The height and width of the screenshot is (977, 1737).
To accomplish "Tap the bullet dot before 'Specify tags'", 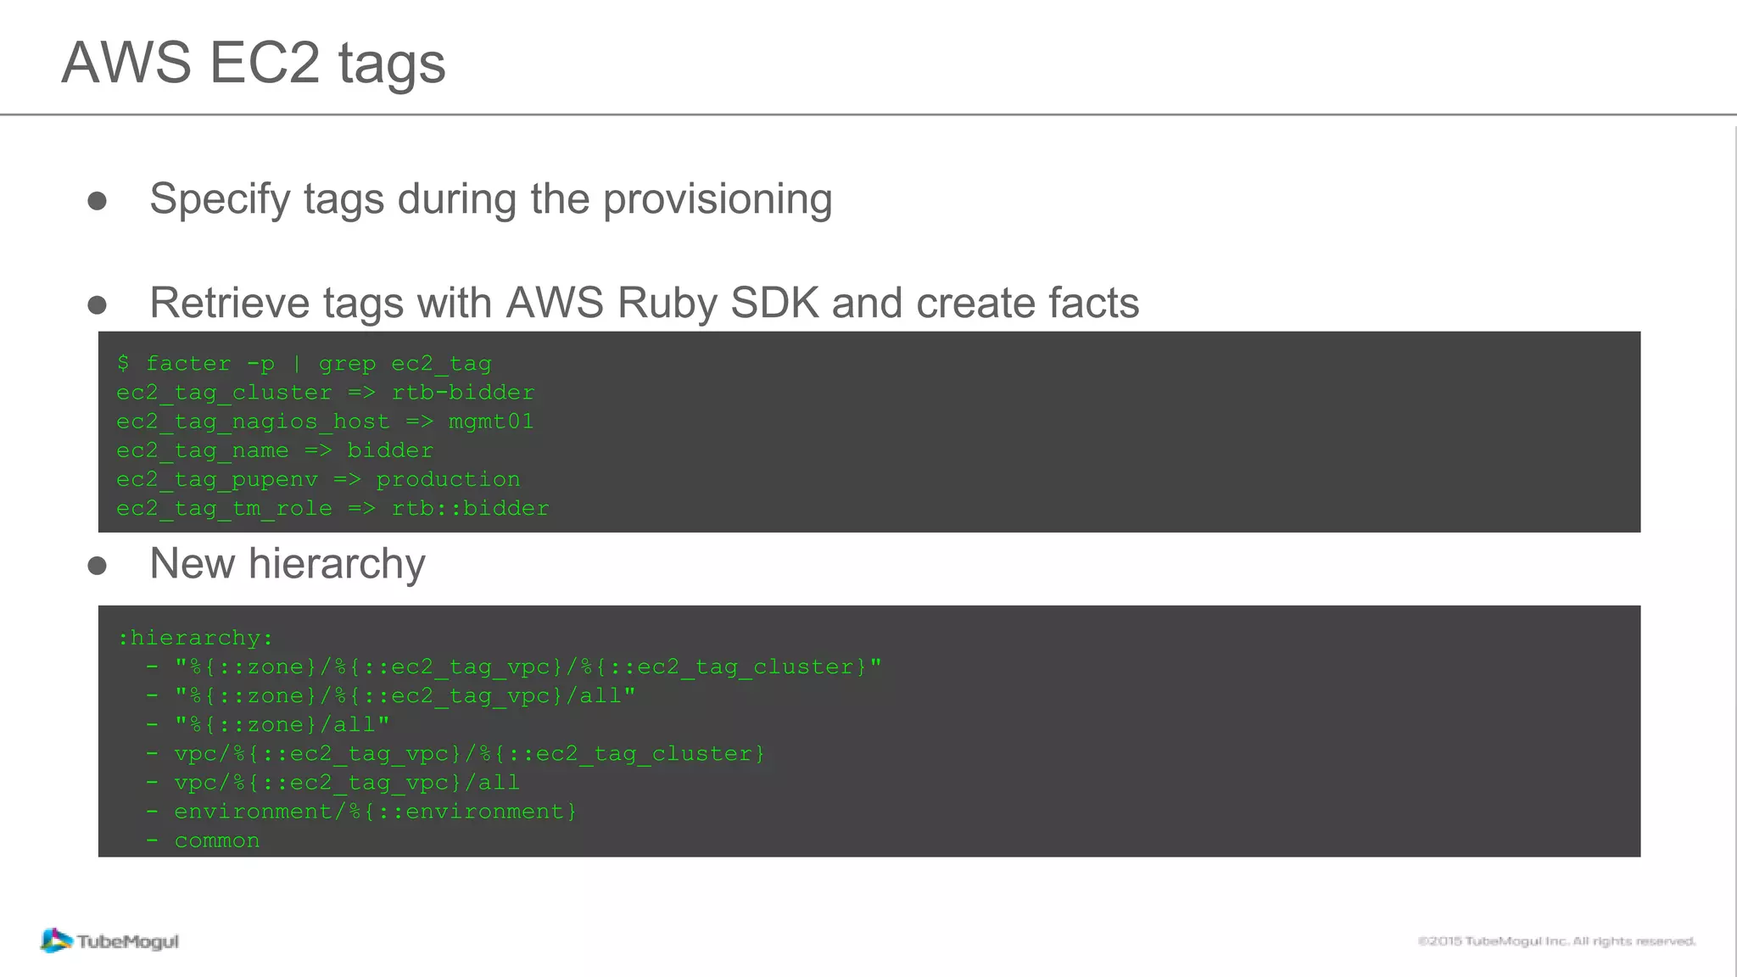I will click(98, 201).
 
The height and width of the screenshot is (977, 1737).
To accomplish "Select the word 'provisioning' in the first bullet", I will click(718, 200).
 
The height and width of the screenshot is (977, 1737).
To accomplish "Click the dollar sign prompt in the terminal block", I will click(124, 364).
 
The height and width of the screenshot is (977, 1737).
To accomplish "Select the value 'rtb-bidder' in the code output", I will click(463, 393).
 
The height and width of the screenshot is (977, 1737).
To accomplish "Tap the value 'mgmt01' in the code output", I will click(491, 422).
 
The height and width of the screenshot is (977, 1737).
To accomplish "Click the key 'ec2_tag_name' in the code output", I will click(203, 450).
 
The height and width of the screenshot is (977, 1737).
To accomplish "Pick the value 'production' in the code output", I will click(448, 479).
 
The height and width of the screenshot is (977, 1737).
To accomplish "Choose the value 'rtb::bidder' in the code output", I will click(470, 508).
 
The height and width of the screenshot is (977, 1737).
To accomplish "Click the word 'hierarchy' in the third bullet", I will click(337, 564).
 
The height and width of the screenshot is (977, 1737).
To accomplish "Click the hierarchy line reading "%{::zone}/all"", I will click(282, 725).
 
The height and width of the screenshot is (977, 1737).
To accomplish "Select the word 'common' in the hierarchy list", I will click(217, 840).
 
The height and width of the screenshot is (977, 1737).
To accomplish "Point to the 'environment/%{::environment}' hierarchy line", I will click(375, 812).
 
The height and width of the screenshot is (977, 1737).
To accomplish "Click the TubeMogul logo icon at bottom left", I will click(56, 941).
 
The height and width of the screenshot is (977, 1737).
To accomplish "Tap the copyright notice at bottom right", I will click(1556, 941).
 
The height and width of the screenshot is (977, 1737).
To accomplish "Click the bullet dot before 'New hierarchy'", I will click(98, 566).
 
